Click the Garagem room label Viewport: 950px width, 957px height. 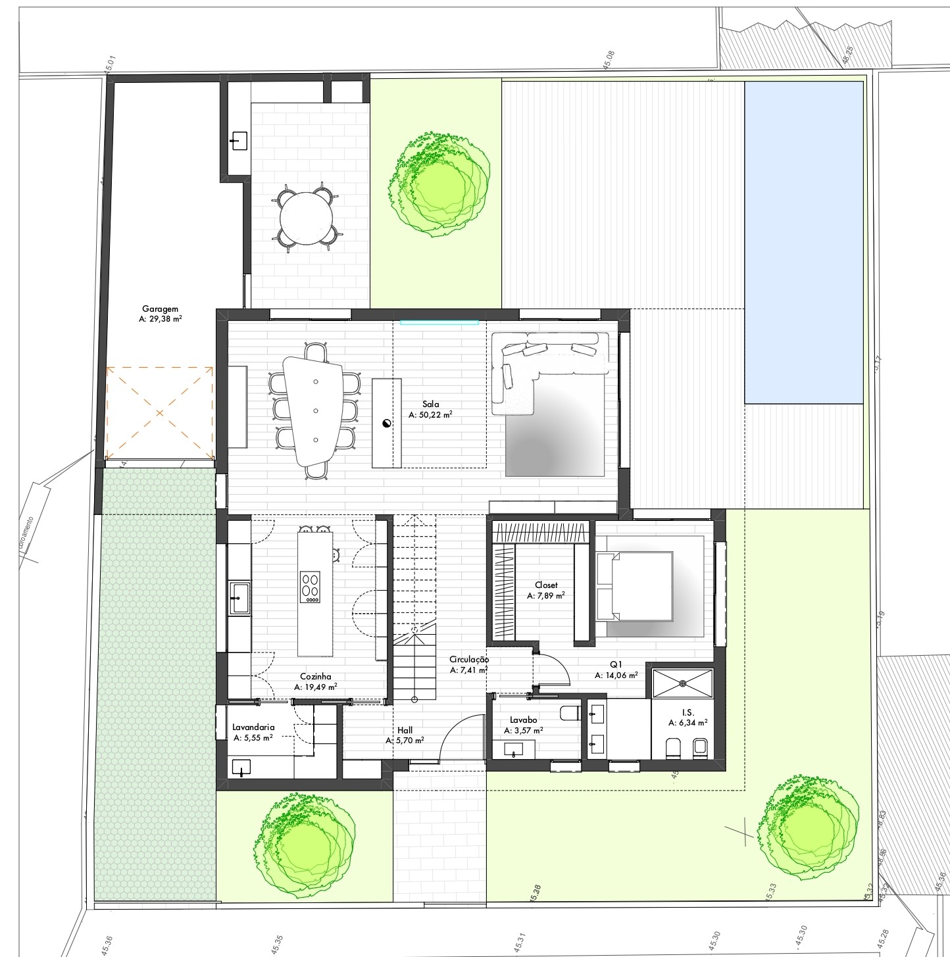pos(160,308)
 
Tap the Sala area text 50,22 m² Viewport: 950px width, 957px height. pos(431,416)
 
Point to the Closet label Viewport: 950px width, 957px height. pos(546,585)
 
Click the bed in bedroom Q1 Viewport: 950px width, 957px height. pos(635,586)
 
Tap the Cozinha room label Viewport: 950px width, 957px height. pos(316,676)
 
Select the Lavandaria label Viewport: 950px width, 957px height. pos(253,727)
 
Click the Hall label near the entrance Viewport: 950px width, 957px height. pos(405,730)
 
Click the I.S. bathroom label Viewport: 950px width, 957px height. pos(687,712)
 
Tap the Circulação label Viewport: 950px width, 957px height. pos(469,659)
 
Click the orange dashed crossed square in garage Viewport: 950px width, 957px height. pos(160,413)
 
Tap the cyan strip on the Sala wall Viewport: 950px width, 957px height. pos(439,322)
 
